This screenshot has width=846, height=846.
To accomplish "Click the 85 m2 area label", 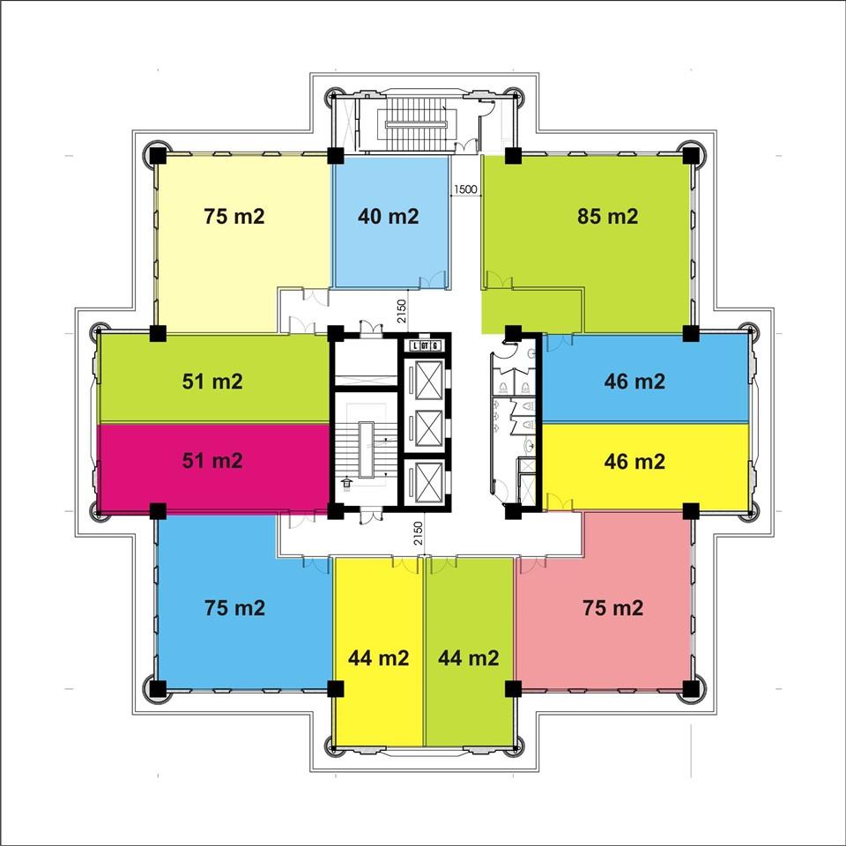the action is click(607, 217).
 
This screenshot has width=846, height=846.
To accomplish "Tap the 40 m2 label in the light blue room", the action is click(388, 217).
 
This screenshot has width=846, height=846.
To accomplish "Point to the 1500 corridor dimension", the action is click(465, 189).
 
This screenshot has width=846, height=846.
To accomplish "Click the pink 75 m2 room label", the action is click(613, 608).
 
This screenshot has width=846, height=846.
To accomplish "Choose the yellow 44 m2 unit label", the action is click(378, 657).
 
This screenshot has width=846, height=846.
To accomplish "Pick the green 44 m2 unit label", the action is click(468, 657).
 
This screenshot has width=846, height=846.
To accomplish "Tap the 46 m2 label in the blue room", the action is click(634, 382).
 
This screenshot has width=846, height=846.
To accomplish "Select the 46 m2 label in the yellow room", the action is click(634, 461).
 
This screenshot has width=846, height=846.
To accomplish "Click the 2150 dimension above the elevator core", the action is click(402, 311).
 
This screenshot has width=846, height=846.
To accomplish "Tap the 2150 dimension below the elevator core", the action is click(419, 532).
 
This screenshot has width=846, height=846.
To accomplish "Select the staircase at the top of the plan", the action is click(416, 124).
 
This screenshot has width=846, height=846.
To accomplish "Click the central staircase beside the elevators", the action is click(366, 449).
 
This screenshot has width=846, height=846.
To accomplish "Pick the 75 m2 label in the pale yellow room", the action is click(234, 217).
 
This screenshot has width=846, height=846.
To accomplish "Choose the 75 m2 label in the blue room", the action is click(234, 608).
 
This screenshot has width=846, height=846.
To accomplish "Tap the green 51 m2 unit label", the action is click(212, 382).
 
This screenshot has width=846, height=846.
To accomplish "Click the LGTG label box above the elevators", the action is click(425, 345).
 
